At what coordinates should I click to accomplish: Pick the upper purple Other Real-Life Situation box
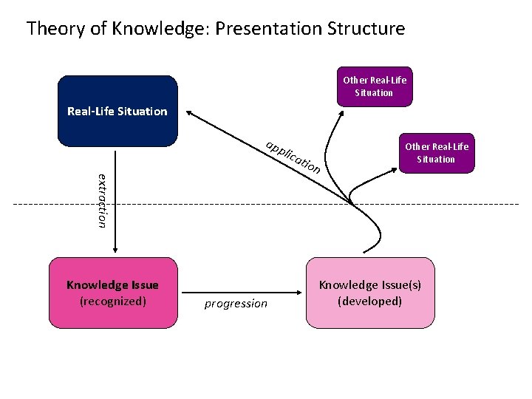point(374,86)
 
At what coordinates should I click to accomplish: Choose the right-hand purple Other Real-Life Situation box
point(436,153)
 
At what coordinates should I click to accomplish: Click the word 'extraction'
point(103,199)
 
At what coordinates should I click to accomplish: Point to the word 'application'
point(293,157)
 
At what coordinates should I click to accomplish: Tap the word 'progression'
point(236,304)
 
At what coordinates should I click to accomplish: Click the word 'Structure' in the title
point(370,30)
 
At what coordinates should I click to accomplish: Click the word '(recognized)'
point(112,301)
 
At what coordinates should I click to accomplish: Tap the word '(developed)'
point(369,301)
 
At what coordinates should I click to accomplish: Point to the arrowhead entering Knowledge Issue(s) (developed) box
point(301,293)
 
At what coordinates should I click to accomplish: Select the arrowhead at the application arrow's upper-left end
point(189,113)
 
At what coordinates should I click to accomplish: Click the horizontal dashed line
point(222,203)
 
